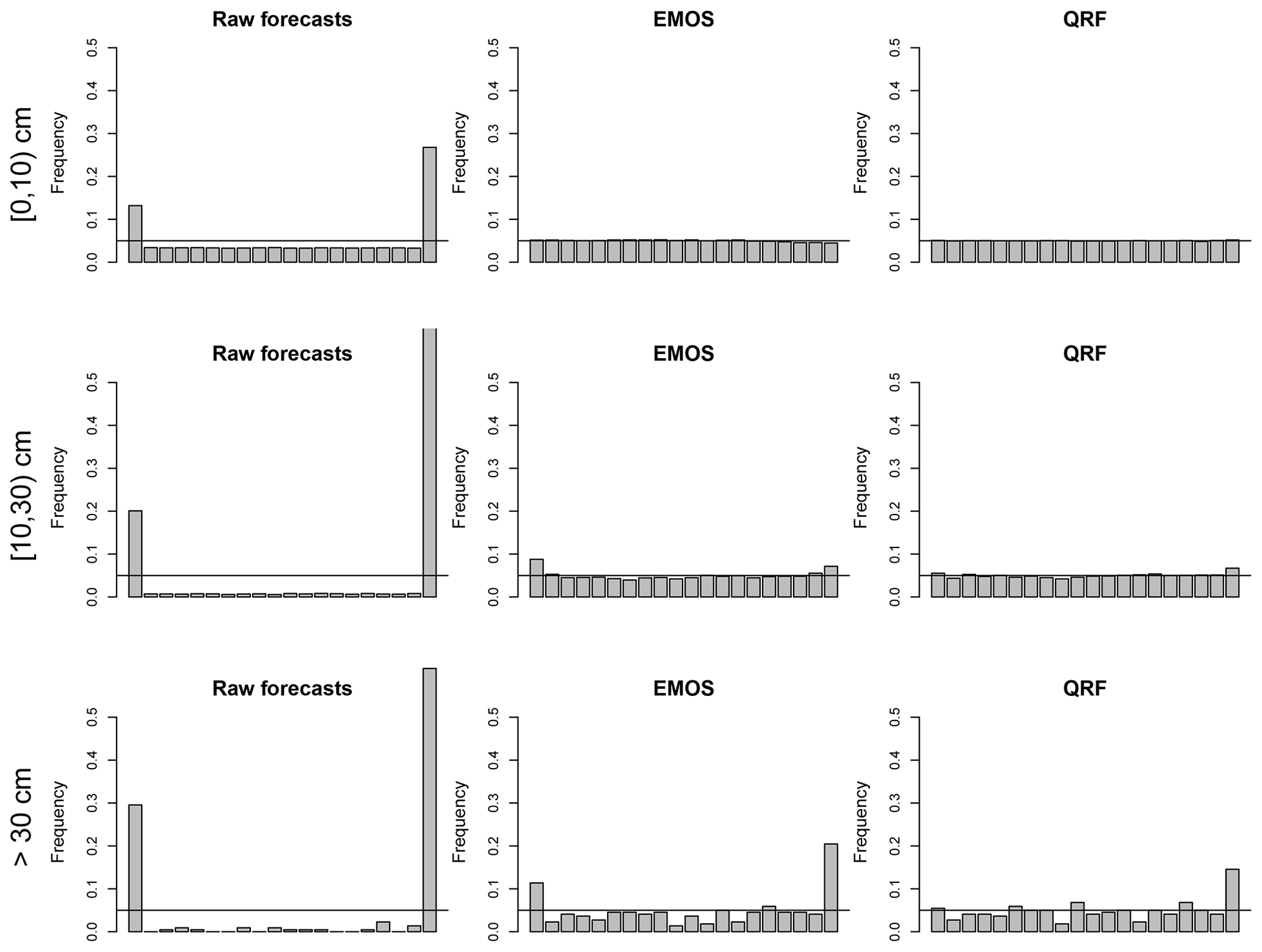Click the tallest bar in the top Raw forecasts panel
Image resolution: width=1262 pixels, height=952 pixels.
pos(430,205)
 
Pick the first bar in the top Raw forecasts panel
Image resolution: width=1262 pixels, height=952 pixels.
pos(135,233)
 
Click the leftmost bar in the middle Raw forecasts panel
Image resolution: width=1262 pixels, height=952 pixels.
pos(135,554)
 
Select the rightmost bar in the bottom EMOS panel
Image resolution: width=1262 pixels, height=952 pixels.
pos(830,887)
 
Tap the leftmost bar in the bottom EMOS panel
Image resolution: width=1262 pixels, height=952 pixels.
pos(537,907)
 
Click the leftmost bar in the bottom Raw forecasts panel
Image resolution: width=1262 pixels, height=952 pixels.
pos(135,868)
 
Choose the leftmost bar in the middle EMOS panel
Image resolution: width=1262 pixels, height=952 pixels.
pos(537,578)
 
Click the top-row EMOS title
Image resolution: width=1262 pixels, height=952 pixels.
pos(683,20)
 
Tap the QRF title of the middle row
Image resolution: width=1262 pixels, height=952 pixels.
pos(1084,354)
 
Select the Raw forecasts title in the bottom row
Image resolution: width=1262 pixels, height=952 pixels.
pos(282,689)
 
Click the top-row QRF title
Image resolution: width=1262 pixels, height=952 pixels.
pos(1084,20)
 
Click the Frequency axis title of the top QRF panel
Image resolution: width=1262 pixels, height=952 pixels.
pos(861,153)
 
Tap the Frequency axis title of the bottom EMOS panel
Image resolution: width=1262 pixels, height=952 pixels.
pos(459,822)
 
